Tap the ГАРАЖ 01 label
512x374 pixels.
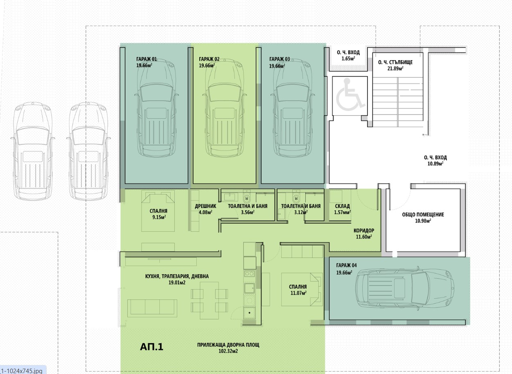[147, 59]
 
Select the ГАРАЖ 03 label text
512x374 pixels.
[280, 59]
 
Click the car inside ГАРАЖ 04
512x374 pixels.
[404, 288]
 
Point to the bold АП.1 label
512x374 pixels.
[151, 347]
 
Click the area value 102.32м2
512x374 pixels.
[228, 351]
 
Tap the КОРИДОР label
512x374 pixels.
[364, 230]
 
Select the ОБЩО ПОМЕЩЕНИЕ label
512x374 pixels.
[423, 214]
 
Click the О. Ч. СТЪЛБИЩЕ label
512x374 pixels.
[395, 62]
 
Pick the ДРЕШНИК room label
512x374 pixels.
[205, 206]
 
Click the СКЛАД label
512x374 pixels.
[343, 206]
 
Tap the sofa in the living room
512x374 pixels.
[152, 308]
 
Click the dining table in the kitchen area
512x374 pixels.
[210, 301]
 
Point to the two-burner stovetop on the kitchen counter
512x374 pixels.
[249, 273]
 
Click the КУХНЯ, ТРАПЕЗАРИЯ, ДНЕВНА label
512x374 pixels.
[177, 277]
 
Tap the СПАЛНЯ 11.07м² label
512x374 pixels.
[298, 290]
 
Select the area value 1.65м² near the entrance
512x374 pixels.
[348, 59]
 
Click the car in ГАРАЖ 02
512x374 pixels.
[225, 108]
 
